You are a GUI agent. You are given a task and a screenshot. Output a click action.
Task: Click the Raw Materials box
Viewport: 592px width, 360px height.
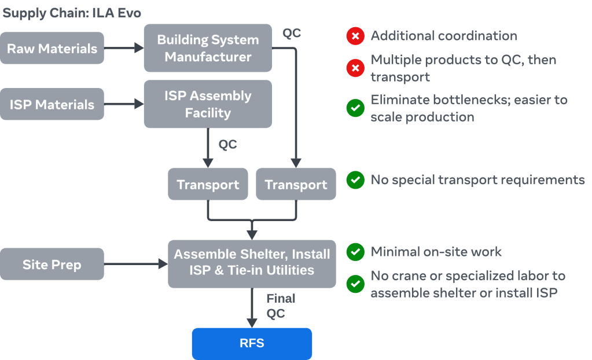pos(52,48)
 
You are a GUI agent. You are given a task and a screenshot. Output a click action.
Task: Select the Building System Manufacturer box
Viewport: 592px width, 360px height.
pos(208,49)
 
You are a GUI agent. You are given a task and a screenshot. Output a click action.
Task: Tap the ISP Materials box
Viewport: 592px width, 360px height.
pos(52,104)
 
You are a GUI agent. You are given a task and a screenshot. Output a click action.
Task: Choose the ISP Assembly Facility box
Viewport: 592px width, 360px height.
pos(208,104)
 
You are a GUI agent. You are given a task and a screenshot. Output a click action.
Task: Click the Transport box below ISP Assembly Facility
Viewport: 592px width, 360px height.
pos(208,185)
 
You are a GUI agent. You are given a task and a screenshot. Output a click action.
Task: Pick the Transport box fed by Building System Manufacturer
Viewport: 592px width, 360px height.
pos(296,185)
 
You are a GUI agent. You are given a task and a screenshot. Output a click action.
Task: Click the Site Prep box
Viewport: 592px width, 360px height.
pos(52,265)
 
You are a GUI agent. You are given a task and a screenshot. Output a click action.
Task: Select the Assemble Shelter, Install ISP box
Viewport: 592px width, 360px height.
pos(252,263)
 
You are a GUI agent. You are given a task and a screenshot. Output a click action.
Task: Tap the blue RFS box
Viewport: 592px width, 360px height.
pos(252,343)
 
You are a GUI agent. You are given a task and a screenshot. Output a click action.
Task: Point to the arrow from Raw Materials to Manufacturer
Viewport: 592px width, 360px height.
pos(124,49)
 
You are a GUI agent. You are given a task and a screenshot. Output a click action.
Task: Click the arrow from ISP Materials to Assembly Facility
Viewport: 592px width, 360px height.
pos(124,105)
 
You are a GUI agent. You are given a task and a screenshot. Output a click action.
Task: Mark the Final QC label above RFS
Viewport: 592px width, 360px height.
pos(280,306)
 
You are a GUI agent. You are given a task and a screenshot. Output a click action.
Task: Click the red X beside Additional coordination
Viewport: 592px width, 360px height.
pos(355,36)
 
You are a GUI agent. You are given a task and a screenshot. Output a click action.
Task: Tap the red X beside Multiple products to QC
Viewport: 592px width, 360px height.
pos(355,68)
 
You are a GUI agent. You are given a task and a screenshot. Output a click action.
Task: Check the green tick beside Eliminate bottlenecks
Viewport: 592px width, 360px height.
pos(355,108)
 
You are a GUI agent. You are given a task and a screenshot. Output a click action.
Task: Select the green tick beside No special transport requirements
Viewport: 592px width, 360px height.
pos(355,180)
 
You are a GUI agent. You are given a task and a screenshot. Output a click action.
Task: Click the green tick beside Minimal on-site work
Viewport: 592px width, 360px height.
pos(355,252)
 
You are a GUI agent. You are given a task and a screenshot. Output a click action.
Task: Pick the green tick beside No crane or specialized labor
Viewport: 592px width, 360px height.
pos(355,284)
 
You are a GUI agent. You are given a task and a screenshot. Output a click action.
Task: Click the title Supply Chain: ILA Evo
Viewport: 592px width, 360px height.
pos(72,13)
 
